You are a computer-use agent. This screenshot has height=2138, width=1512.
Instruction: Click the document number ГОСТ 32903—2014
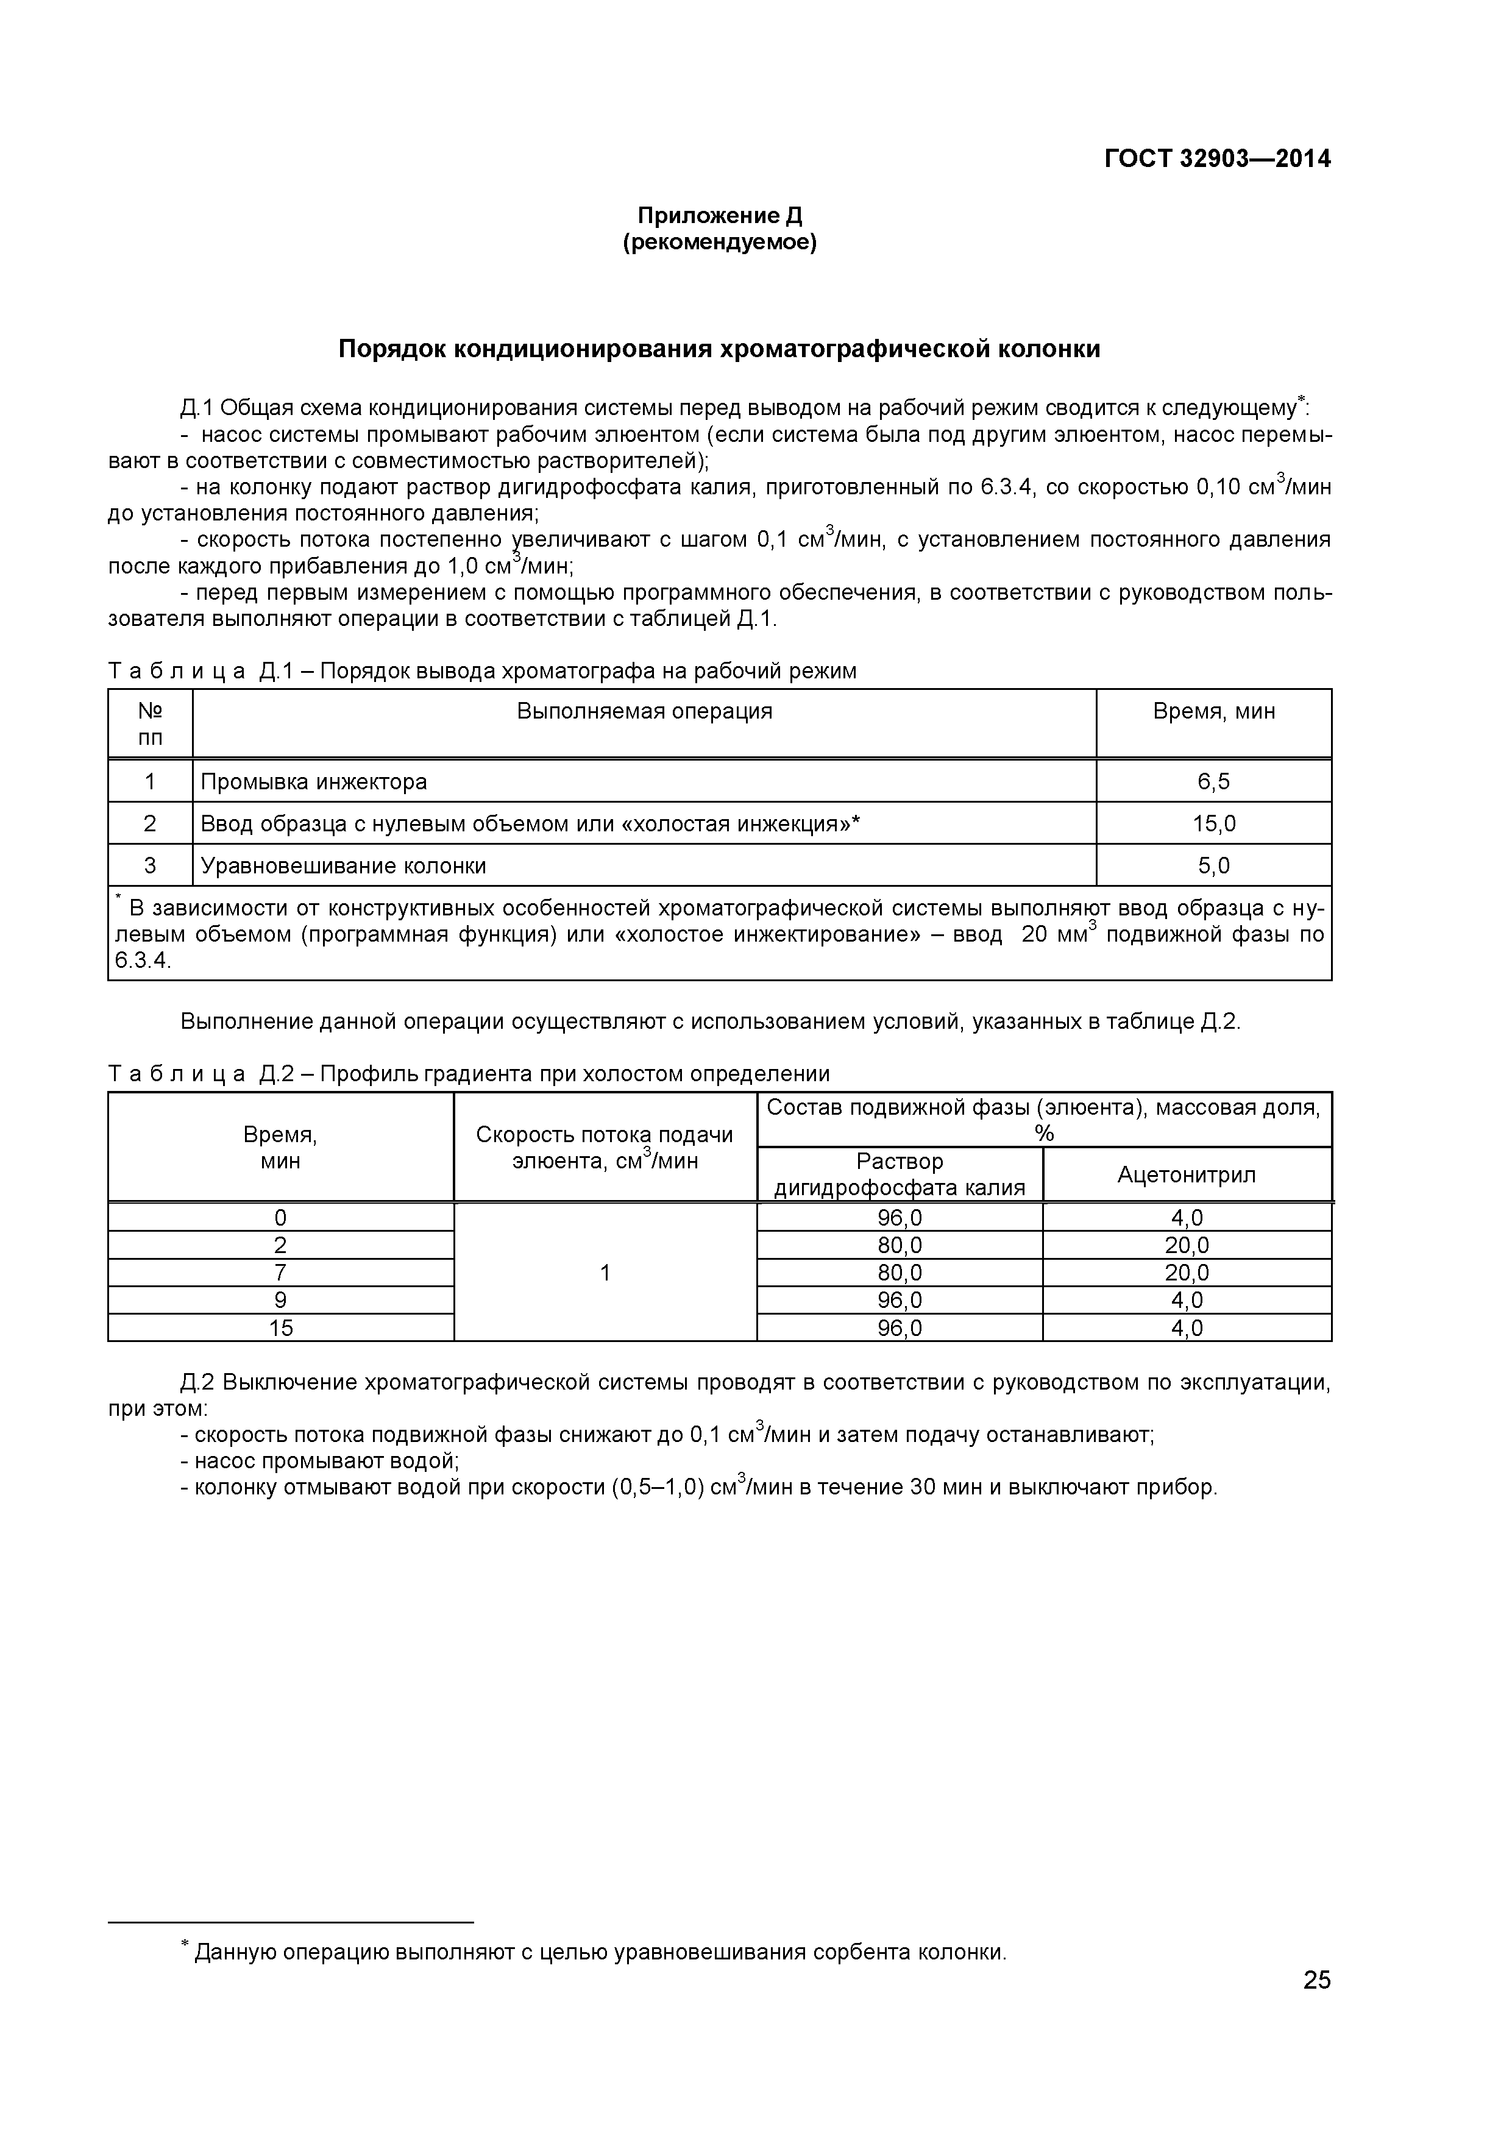pos(1217,159)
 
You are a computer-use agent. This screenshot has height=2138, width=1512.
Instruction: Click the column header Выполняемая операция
pos(644,711)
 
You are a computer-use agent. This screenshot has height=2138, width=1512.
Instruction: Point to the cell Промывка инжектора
pos(314,781)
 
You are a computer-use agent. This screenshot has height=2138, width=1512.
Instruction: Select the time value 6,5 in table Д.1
pos(1213,781)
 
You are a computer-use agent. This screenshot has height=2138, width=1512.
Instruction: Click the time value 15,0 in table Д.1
pos(1213,823)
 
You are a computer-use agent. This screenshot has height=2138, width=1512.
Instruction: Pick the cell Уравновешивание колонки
pos(344,866)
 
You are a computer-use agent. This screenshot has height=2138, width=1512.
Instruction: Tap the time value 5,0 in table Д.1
pos(1213,866)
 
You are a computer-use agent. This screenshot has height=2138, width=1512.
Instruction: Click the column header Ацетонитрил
pos(1186,1174)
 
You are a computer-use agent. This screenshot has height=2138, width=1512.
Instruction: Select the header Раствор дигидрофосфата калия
pos(900,1174)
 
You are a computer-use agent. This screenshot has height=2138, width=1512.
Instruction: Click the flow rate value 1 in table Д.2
pos(605,1273)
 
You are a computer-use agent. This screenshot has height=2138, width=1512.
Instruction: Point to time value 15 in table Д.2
pos(280,1328)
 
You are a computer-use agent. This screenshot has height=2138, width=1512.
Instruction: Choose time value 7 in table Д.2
pos(280,1273)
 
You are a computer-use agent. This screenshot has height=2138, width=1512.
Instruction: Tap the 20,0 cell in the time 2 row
pos(1186,1246)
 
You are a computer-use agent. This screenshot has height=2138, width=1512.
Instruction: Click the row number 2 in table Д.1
pos(150,823)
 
